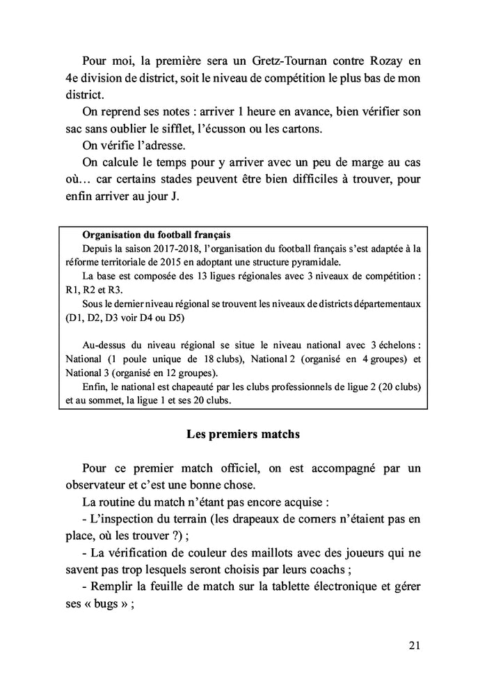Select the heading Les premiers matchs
243,434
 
